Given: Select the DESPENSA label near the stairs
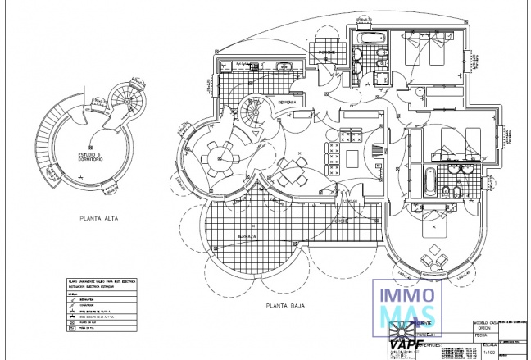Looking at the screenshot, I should tap(286, 102).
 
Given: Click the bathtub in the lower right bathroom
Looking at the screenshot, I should tap(429, 180).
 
